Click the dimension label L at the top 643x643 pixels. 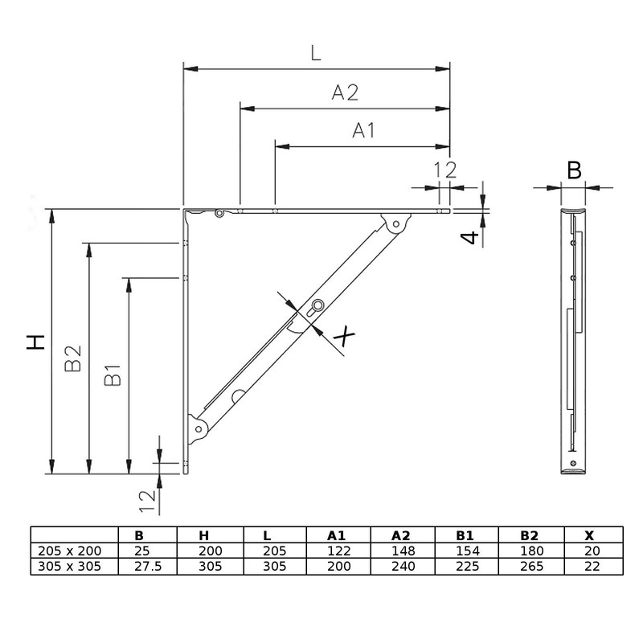point(316,53)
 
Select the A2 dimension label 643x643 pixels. point(344,92)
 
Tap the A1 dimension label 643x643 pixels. point(363,131)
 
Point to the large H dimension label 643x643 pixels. point(35,342)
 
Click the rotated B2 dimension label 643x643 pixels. point(73,358)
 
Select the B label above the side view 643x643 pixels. point(574,170)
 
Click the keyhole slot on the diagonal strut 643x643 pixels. point(317,306)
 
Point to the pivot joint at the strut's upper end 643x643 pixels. point(394,226)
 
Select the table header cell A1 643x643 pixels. point(338,535)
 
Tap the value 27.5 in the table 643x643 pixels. point(140,566)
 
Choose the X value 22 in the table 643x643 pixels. point(591,566)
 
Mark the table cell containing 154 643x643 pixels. point(465,551)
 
